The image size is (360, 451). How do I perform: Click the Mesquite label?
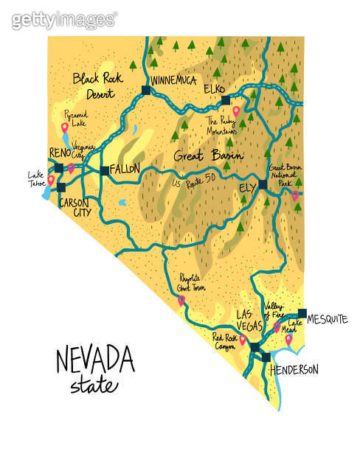click(327, 318)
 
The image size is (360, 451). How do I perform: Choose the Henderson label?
click(294, 368)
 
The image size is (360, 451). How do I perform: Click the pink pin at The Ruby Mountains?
click(236, 111)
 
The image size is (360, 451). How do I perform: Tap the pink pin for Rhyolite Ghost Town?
click(181, 301)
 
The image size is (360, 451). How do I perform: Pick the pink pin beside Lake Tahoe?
click(51, 179)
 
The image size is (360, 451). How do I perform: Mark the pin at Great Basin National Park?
click(295, 195)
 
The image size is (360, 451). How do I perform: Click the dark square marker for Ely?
click(263, 183)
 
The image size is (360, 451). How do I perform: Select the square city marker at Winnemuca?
click(145, 90)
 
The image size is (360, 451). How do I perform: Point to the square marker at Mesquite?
click(302, 313)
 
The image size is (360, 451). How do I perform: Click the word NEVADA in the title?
click(95, 361)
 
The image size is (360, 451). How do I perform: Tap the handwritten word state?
click(94, 385)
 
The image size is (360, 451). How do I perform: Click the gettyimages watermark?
click(64, 20)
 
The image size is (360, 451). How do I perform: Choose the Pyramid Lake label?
click(75, 120)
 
